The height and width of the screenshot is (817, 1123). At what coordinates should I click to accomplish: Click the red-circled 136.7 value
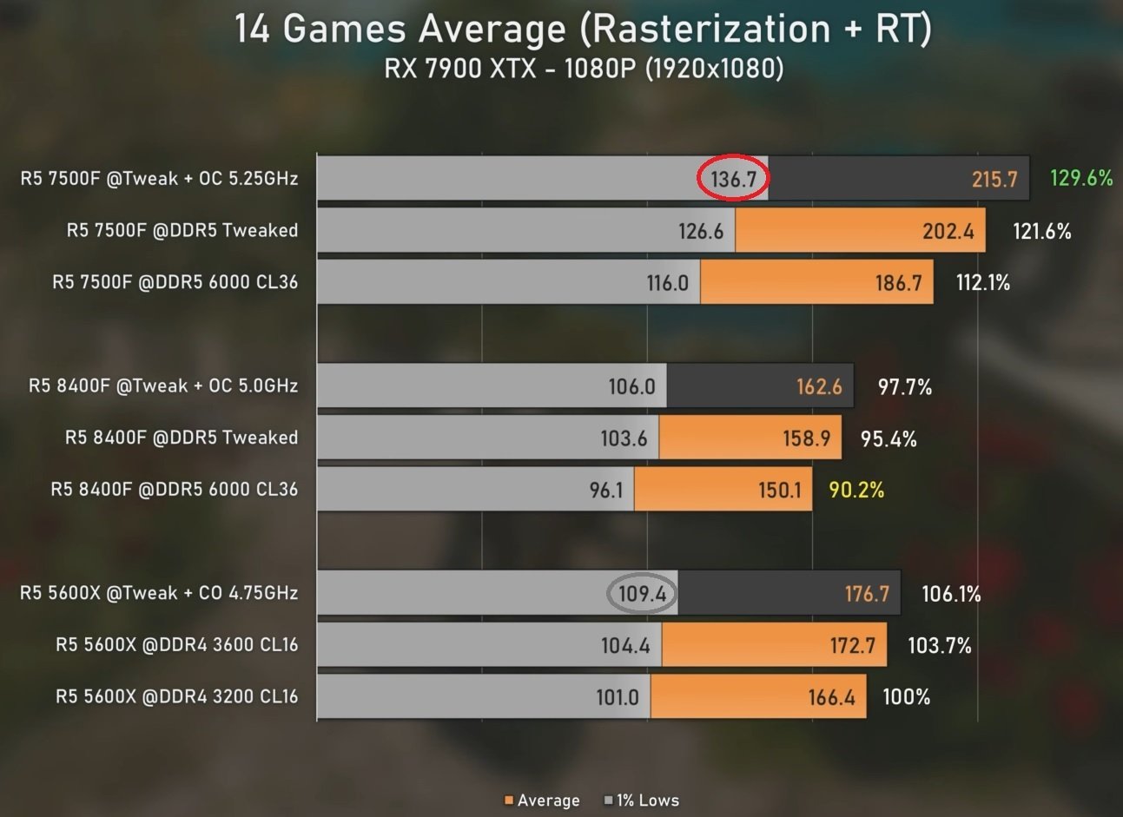[x=734, y=179]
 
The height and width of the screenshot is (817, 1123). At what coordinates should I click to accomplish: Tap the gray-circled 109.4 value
[x=642, y=594]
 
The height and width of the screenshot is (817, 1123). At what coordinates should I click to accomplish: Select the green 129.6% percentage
[x=1080, y=178]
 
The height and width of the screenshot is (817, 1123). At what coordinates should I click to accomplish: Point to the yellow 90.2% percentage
[x=856, y=490]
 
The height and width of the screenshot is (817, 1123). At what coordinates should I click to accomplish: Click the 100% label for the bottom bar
[x=906, y=696]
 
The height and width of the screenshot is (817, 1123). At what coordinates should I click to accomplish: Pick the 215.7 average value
[x=994, y=179]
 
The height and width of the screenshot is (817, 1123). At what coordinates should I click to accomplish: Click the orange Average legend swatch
[x=509, y=800]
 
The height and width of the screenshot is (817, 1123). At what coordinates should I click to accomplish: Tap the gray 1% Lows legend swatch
[x=608, y=800]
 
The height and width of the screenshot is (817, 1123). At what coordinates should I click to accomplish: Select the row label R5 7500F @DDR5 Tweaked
[x=182, y=230]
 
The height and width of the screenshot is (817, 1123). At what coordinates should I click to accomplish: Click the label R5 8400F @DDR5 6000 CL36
[x=175, y=490]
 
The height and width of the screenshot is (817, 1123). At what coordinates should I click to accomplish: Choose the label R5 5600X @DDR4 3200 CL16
[x=177, y=696]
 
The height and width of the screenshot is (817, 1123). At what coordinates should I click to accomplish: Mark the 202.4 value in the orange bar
[x=948, y=231]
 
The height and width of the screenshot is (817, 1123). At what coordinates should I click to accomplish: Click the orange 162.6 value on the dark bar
[x=819, y=386]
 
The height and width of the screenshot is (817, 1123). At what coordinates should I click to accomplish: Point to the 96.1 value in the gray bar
[x=606, y=490]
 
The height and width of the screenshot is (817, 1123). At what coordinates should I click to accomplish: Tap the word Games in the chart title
[x=344, y=29]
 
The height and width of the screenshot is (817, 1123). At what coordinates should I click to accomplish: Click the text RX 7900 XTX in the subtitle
[x=460, y=68]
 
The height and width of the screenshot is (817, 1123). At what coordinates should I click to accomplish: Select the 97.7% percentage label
[x=904, y=386]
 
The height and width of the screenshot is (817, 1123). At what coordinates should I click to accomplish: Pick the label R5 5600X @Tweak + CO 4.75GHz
[x=159, y=593]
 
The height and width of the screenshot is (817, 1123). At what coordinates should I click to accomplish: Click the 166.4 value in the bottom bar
[x=831, y=697]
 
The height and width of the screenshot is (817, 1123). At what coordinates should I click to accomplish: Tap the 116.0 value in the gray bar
[x=667, y=283]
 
